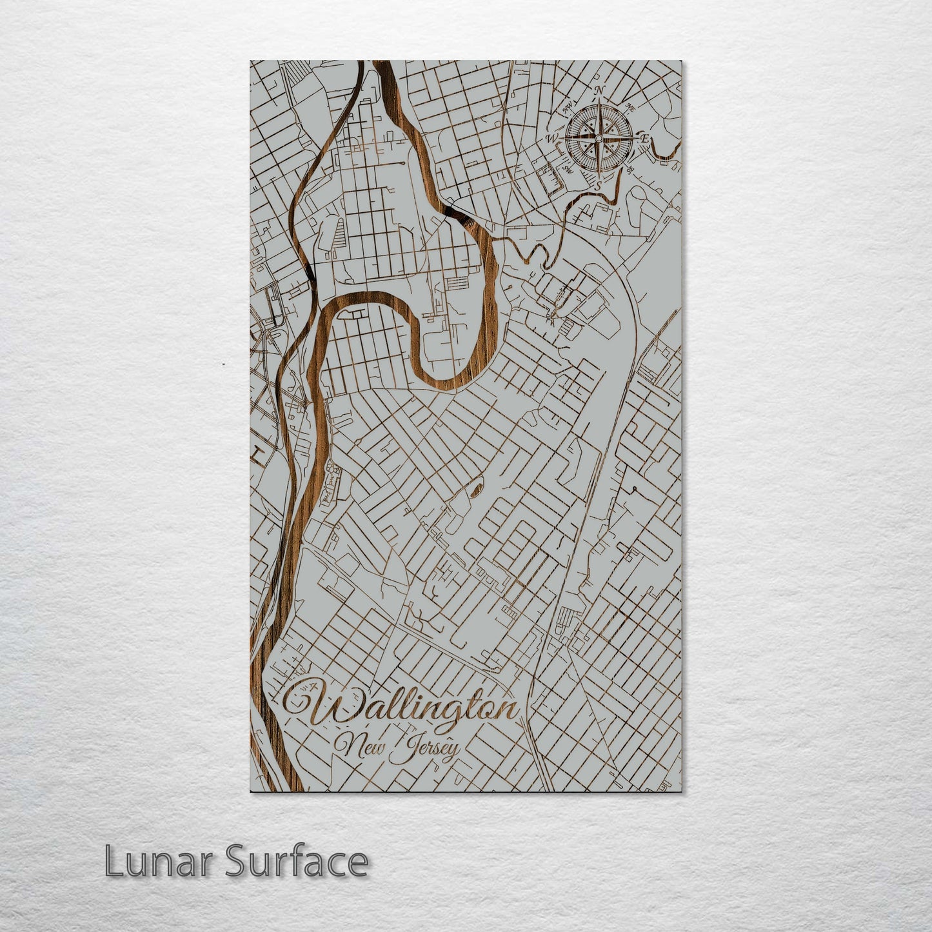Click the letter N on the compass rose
599,90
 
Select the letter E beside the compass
644,138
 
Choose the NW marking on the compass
568,106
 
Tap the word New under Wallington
358,748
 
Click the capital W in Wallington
310,704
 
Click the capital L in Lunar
113,861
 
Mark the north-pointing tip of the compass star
599,102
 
